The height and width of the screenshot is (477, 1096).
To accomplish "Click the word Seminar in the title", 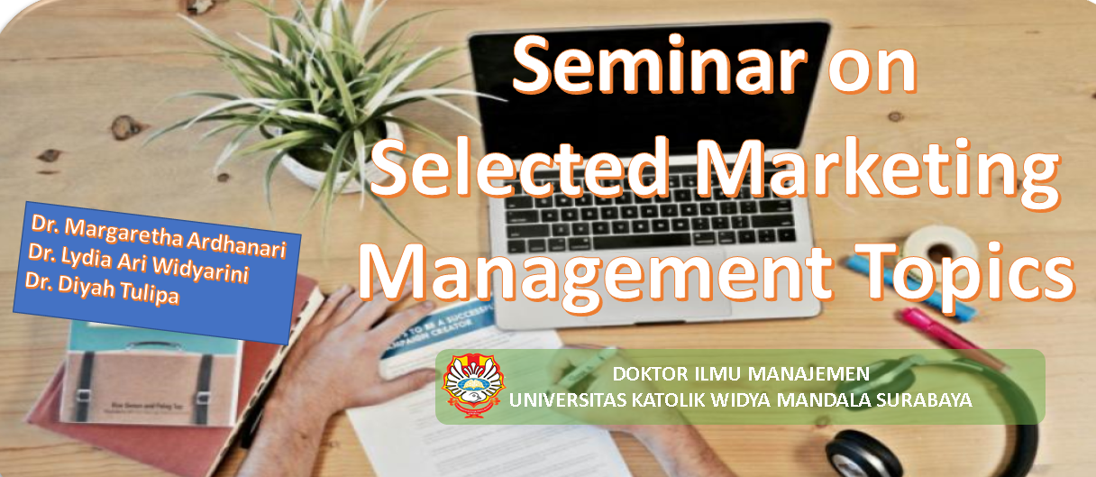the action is click(x=659, y=65).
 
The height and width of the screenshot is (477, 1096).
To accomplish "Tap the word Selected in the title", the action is click(x=522, y=168).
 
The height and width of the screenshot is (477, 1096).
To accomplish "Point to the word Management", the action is click(x=596, y=275).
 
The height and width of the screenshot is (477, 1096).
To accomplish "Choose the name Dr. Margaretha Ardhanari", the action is click(x=159, y=236).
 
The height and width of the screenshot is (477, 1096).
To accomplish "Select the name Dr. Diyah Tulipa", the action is click(x=102, y=289).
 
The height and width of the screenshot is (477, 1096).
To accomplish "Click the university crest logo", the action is click(x=473, y=385).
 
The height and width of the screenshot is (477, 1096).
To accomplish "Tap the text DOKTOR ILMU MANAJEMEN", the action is click(x=741, y=374).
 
